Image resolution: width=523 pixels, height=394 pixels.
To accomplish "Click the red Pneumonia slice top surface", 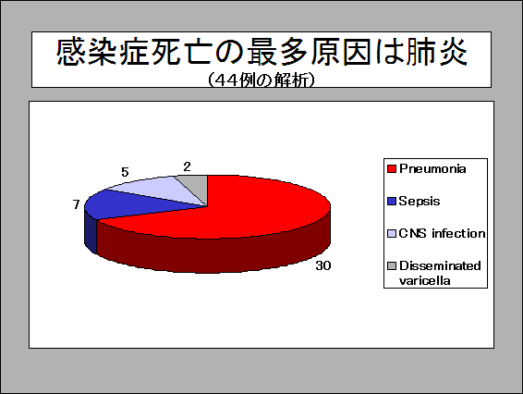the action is click(x=240, y=207).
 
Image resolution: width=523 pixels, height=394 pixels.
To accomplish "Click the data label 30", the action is click(x=323, y=265).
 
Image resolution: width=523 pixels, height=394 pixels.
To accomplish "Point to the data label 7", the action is click(x=77, y=204).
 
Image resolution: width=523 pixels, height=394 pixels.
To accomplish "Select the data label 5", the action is click(x=125, y=172).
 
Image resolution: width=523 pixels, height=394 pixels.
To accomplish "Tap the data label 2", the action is click(x=188, y=166).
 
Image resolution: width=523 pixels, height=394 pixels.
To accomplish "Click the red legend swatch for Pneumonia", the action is click(x=392, y=169).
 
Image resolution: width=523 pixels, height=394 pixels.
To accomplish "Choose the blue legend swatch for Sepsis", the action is click(x=392, y=202).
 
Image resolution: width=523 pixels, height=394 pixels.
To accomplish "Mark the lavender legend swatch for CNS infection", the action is click(x=392, y=233).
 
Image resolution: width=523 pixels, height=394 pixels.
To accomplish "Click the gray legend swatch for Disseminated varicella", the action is click(x=392, y=265).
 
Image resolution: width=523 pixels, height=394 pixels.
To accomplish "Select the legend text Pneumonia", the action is click(x=432, y=168).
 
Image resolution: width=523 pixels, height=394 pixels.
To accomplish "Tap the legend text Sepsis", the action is click(x=420, y=201).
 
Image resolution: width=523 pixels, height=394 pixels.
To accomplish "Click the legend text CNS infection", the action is click(x=442, y=233).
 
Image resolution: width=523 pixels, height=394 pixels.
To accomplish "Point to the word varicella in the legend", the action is click(x=425, y=280).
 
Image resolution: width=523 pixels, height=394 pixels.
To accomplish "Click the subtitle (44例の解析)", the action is click(x=261, y=80).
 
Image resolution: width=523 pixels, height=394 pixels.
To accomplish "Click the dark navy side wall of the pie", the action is click(x=91, y=233).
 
